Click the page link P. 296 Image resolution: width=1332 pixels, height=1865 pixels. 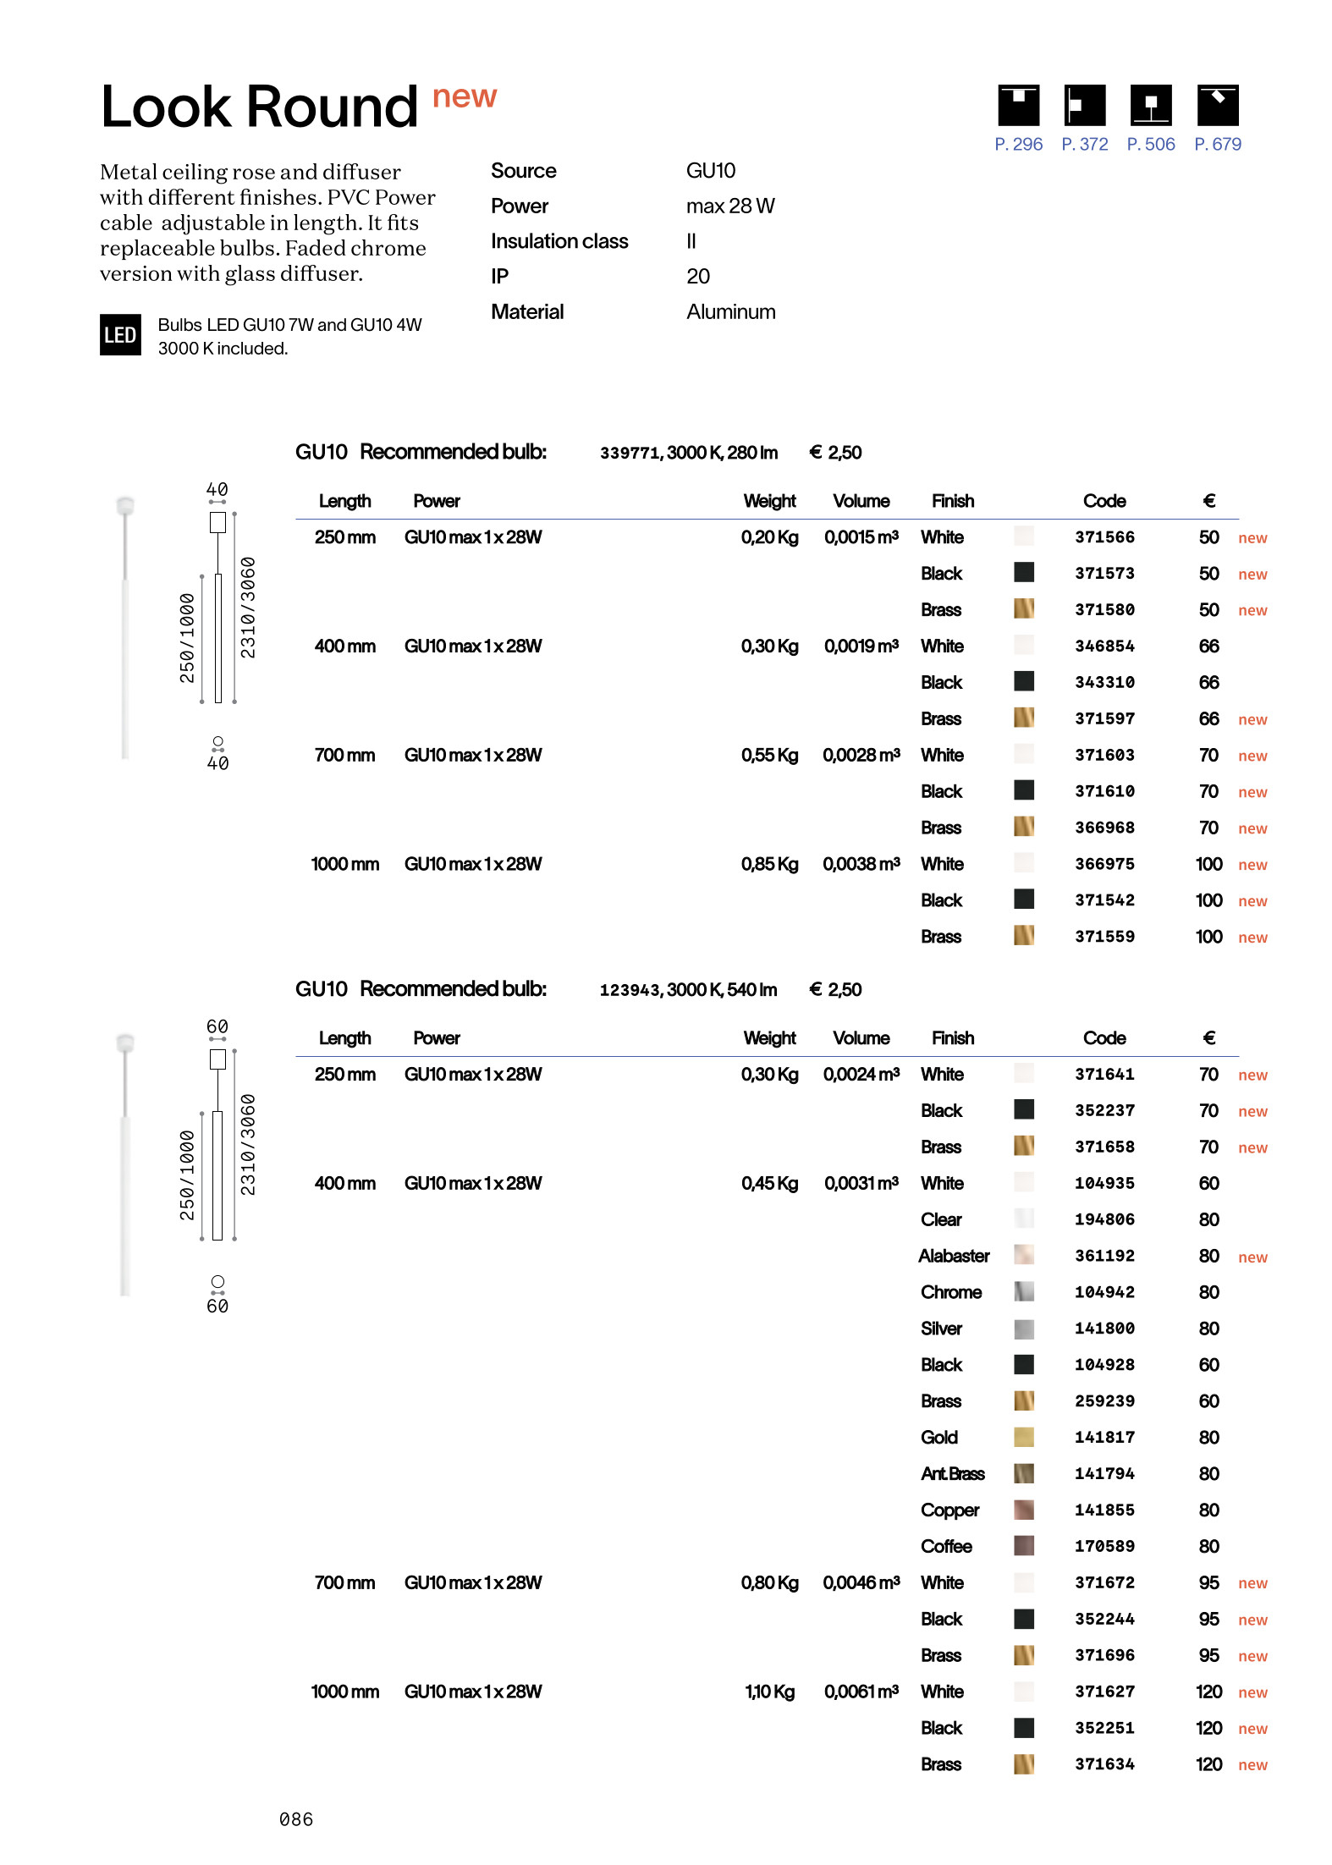[1018, 145]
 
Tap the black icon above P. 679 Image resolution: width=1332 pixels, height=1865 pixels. [1217, 106]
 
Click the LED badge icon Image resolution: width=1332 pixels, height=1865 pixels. [120, 335]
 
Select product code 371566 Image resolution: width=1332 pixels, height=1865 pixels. [1104, 537]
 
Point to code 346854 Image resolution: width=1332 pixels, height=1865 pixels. [1104, 646]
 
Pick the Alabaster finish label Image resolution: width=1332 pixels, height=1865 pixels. [954, 1256]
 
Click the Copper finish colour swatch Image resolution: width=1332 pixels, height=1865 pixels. [1024, 1510]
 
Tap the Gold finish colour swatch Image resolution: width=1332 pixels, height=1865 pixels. [1024, 1437]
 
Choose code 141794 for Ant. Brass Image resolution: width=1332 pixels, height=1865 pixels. [1104, 1473]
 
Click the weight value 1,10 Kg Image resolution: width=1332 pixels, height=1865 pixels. [769, 1692]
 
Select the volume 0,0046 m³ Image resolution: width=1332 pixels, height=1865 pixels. [861, 1582]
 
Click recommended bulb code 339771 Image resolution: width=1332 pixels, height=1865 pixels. [630, 453]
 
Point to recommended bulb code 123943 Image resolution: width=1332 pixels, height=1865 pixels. [630, 990]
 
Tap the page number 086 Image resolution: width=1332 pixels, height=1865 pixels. [296, 1819]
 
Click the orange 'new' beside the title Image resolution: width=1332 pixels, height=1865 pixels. [465, 97]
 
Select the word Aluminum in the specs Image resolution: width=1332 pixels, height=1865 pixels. [730, 312]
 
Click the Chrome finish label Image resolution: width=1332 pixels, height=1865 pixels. [951, 1292]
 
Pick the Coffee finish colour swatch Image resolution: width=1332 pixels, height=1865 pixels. [1024, 1546]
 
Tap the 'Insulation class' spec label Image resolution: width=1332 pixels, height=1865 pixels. [559, 241]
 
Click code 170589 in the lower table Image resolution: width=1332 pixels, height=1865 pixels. [1104, 1546]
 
